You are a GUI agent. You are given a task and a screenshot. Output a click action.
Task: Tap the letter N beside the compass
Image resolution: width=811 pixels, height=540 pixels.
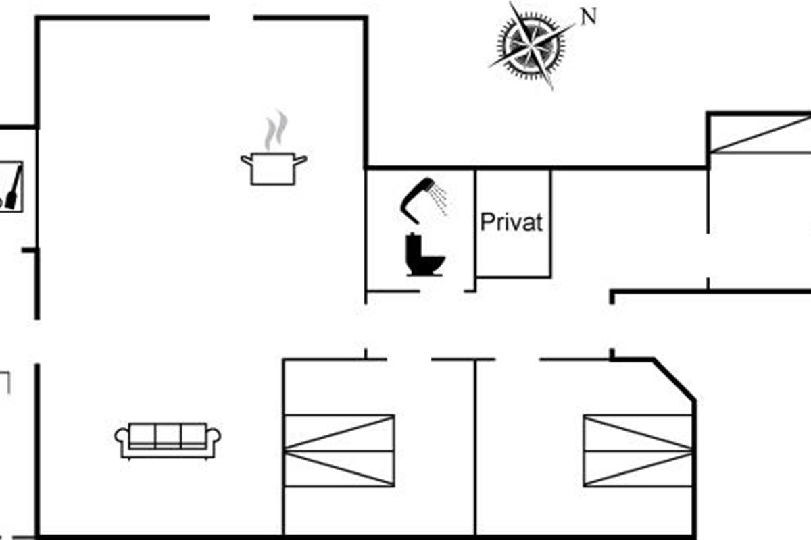click(x=589, y=17)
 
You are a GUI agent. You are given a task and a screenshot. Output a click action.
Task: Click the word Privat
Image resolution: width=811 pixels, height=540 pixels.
click(x=512, y=222)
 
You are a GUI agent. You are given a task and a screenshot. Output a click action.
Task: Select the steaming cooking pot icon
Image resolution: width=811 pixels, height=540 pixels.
click(x=274, y=167)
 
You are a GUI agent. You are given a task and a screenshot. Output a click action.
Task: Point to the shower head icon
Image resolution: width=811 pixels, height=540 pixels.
click(x=417, y=198)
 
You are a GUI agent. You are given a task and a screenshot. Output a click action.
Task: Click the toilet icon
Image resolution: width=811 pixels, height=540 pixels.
click(x=424, y=255)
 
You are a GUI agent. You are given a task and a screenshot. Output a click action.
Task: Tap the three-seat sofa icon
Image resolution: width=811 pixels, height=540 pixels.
click(x=168, y=440)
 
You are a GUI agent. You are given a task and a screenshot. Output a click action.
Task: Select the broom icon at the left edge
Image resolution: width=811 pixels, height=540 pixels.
click(x=13, y=187)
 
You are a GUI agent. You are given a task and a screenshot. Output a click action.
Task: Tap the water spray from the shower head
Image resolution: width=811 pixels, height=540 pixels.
click(x=440, y=198)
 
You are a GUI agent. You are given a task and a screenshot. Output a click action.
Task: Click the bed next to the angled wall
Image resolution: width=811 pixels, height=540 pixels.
click(x=638, y=450)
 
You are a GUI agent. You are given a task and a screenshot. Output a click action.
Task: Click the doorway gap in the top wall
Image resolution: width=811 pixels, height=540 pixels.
click(x=232, y=18)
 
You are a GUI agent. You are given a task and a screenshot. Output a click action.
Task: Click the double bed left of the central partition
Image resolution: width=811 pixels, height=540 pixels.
click(x=339, y=450)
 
